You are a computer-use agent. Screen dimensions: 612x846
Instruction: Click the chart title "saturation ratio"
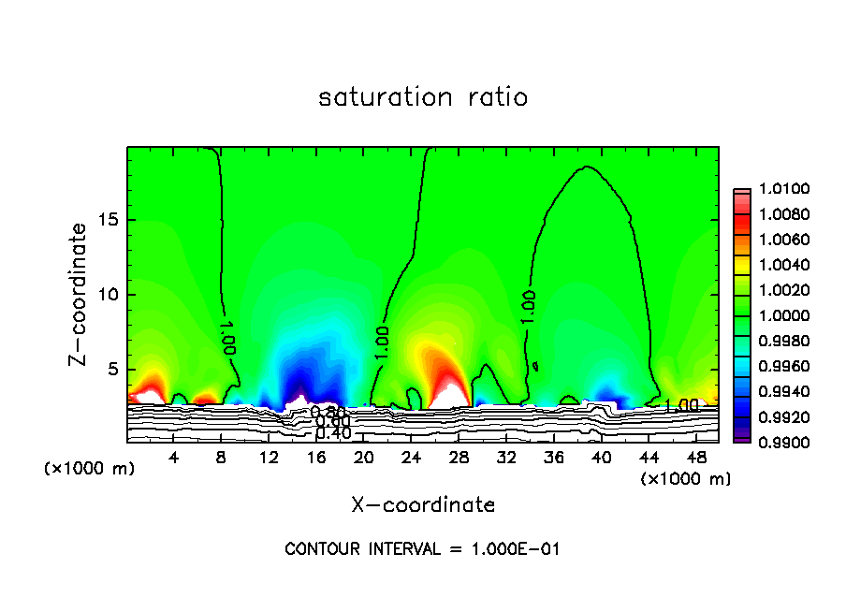click(423, 97)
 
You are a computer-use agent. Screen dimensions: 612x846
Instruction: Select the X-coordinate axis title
click(423, 505)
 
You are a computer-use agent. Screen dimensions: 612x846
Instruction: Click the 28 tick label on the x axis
click(459, 459)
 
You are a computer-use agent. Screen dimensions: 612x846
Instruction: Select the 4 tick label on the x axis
click(174, 459)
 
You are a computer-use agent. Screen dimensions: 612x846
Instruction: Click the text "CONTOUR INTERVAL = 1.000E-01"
click(422, 549)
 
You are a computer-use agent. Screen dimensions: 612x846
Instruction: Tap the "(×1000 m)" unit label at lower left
click(89, 469)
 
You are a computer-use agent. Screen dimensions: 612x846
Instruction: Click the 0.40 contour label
click(333, 433)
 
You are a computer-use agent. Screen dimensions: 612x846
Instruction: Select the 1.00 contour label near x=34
click(529, 307)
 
